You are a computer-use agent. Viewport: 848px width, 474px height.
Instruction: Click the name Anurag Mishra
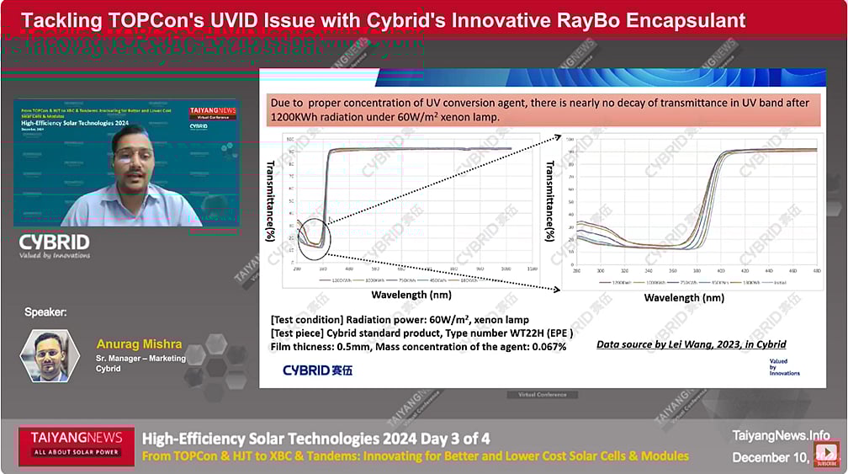click(139, 344)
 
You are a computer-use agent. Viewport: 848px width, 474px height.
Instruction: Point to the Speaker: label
click(45, 312)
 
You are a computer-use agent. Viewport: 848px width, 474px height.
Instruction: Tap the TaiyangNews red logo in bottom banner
click(77, 444)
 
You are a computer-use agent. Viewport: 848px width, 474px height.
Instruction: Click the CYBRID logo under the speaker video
click(55, 245)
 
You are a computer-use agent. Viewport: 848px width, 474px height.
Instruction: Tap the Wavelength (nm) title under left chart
click(411, 296)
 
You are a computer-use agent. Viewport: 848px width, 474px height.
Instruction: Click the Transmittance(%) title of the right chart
click(550, 201)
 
